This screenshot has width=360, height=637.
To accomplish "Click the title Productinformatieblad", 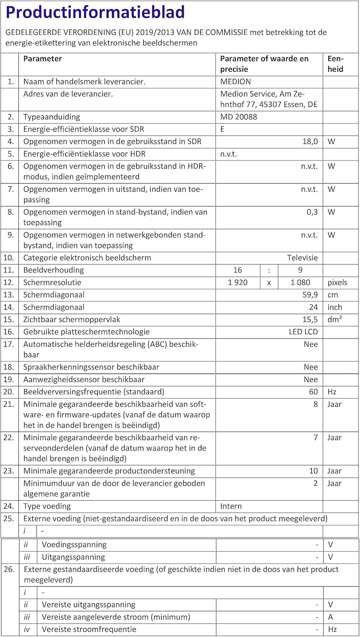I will coord(95,12).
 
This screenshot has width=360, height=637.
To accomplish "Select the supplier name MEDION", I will coord(236,82).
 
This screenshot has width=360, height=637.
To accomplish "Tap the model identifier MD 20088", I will coord(239,117).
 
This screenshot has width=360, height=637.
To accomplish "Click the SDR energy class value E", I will coord(222,129).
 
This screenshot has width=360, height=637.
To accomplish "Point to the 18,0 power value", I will coord(310,141).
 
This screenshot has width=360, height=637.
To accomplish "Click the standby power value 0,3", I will coord(312,212).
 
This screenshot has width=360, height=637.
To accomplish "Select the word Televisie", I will coord(302,258).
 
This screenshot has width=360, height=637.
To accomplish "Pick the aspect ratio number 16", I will coord(238,270).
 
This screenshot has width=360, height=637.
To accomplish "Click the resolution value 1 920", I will coord(238,282).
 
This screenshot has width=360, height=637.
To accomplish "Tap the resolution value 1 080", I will coord(300,282).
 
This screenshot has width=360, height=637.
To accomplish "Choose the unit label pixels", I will coord(337,282).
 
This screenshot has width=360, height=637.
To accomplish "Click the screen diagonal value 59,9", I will coord(310,295).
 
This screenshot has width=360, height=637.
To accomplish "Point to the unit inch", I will coord(335,307).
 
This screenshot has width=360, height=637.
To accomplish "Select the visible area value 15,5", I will coord(310,319).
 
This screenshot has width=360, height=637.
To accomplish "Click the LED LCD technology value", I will coord(303,332).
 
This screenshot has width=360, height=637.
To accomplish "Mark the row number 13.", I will coord(8,295).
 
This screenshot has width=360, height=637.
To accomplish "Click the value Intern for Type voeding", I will coord(231,506).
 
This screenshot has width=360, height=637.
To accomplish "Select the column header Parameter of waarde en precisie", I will coord(264,64).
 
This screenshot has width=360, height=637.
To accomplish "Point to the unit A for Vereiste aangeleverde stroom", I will coord(331,617).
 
